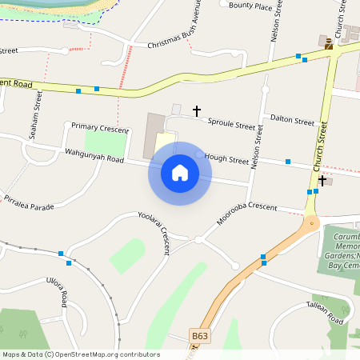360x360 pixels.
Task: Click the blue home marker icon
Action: tap(180, 173)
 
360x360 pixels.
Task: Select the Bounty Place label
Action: tap(250, 6)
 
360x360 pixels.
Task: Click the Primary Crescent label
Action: tap(100, 128)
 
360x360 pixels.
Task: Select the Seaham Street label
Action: tap(35, 115)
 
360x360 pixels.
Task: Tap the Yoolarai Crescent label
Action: tap(154, 232)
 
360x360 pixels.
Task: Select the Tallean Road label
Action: tap(324, 313)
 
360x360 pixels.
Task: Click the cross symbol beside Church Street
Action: tap(322, 181)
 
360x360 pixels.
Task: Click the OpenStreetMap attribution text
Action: tap(80, 354)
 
